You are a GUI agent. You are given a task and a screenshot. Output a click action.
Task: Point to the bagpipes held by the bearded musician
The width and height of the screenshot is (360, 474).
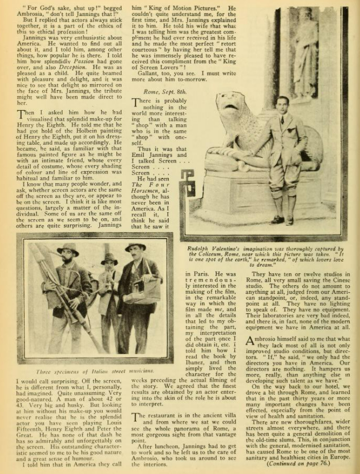tap(48, 291)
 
